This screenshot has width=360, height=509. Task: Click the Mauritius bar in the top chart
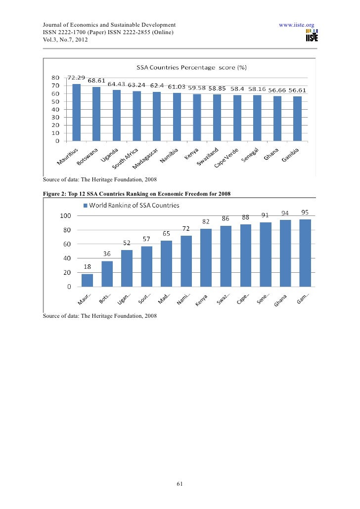coord(76,112)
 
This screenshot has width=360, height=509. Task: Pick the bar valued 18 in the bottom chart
coord(87,280)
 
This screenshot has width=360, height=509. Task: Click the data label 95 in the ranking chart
coord(305,213)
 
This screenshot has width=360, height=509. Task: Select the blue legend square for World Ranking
coord(86,205)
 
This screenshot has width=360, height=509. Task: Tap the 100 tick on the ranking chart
coord(65,215)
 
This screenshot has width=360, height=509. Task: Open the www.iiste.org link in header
coord(297,24)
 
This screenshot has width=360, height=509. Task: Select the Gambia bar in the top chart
coord(297,119)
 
